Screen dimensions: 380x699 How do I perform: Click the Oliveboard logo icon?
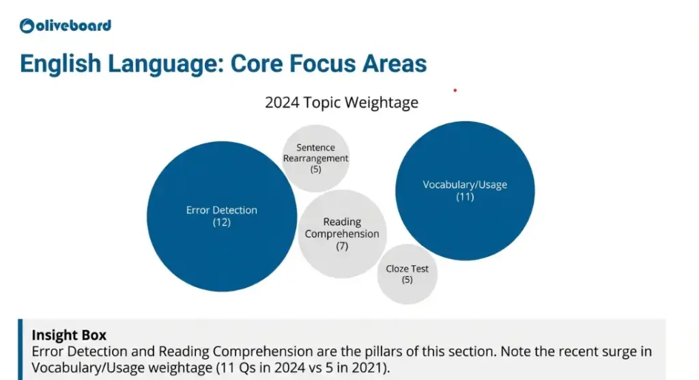point(27,26)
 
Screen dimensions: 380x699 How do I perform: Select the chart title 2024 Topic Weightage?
point(341,103)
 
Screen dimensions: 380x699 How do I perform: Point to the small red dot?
point(455,90)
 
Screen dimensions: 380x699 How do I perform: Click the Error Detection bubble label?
point(222,211)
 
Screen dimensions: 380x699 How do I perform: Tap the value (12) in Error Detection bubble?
point(222,223)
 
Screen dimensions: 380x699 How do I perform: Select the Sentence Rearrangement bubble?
point(315,158)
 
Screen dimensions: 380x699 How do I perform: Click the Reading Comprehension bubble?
point(342,228)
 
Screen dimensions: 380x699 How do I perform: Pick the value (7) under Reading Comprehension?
point(342,246)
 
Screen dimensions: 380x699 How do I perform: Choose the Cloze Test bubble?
point(408,273)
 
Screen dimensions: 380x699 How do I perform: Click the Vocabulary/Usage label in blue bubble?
point(465,185)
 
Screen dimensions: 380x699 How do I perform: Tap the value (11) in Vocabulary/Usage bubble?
point(465,198)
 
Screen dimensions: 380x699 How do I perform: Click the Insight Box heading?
point(69,336)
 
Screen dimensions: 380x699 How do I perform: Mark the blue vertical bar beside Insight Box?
point(20,349)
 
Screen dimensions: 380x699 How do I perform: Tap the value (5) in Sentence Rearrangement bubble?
point(315,169)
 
